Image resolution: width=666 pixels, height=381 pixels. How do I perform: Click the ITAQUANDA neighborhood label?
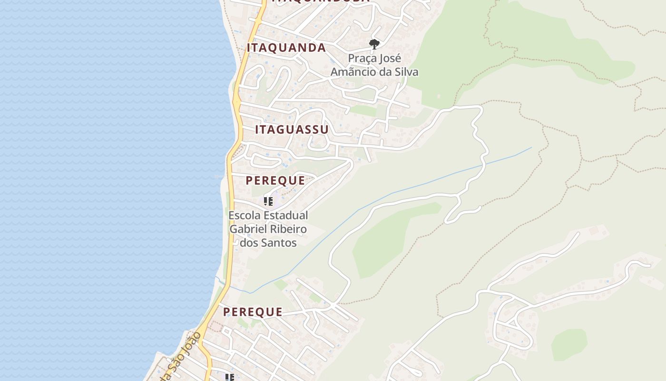coord(286,48)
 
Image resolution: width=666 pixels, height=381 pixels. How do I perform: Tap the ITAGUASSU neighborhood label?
coord(292,130)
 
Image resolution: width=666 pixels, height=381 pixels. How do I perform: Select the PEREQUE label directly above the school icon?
coord(275,180)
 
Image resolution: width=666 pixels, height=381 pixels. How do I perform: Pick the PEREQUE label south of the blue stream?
coord(253,312)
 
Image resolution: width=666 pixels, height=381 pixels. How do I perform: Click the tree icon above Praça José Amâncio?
coord(374,44)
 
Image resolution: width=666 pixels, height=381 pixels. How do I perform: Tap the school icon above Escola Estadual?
coord(268,201)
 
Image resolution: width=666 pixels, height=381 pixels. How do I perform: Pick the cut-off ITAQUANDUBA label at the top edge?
coord(321,1)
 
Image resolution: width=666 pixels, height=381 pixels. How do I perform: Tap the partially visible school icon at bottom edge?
coord(230,378)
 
